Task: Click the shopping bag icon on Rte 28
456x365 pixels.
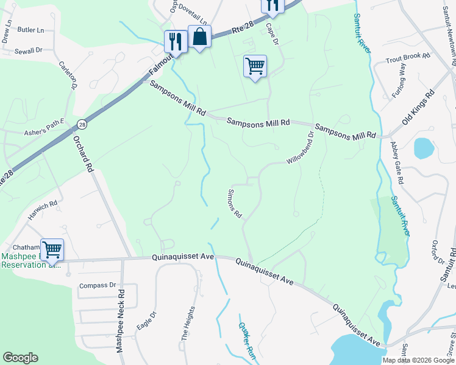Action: [199, 37]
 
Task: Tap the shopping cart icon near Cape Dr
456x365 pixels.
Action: [255, 66]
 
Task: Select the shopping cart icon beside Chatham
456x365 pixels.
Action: [52, 249]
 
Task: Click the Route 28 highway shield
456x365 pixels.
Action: [82, 125]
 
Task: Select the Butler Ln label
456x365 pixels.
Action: [31, 30]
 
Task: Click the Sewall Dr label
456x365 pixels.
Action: [29, 51]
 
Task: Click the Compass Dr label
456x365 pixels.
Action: [98, 285]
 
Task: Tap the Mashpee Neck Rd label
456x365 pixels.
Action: [121, 320]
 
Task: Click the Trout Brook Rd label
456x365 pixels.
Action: [408, 59]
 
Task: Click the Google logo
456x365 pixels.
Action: [20, 358]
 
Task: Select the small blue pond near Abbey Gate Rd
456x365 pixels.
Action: [422, 148]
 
